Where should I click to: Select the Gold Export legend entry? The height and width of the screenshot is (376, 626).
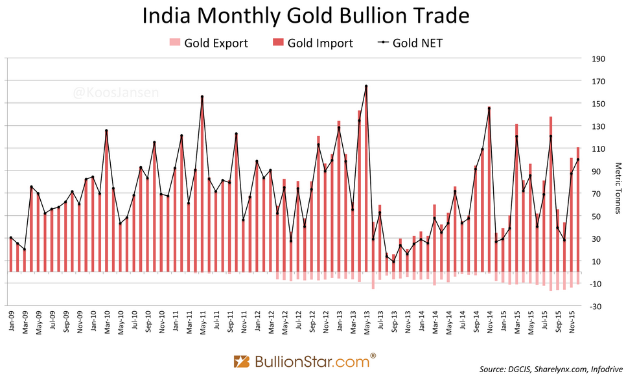point(208,43)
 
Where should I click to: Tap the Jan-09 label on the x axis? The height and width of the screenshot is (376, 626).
point(12,322)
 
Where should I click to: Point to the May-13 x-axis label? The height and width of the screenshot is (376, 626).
point(366,322)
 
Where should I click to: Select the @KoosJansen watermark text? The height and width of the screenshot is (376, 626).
point(116,93)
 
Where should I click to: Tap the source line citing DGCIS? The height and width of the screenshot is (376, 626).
point(548,369)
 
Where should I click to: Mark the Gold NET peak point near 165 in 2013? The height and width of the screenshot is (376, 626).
point(366,86)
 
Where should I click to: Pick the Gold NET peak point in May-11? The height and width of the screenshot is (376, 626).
point(202,97)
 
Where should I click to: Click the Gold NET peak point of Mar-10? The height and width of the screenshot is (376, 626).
point(106,131)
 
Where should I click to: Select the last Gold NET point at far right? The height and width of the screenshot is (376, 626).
point(578,159)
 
